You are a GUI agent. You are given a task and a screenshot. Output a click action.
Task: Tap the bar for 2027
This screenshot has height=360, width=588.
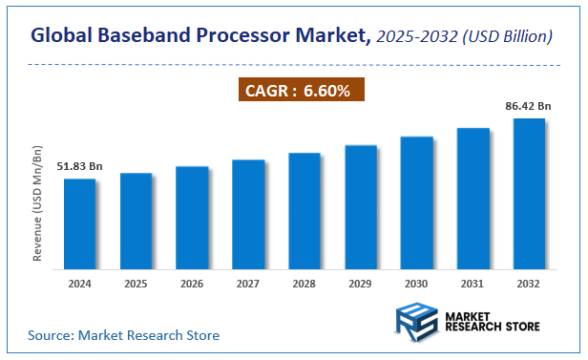(248, 213)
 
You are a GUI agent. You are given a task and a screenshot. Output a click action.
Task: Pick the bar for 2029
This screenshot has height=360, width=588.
(361, 205)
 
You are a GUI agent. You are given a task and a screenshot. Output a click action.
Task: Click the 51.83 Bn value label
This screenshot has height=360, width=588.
(78, 167)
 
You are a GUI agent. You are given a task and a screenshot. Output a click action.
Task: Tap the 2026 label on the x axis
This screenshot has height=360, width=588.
(192, 283)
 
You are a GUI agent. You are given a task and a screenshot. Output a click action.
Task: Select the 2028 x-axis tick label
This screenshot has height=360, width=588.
(304, 283)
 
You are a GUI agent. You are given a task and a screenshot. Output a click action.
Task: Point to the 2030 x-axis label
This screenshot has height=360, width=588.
(416, 283)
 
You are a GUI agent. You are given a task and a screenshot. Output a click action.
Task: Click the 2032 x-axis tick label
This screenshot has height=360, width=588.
(529, 283)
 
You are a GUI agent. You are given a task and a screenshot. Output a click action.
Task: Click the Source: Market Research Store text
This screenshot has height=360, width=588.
(123, 335)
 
